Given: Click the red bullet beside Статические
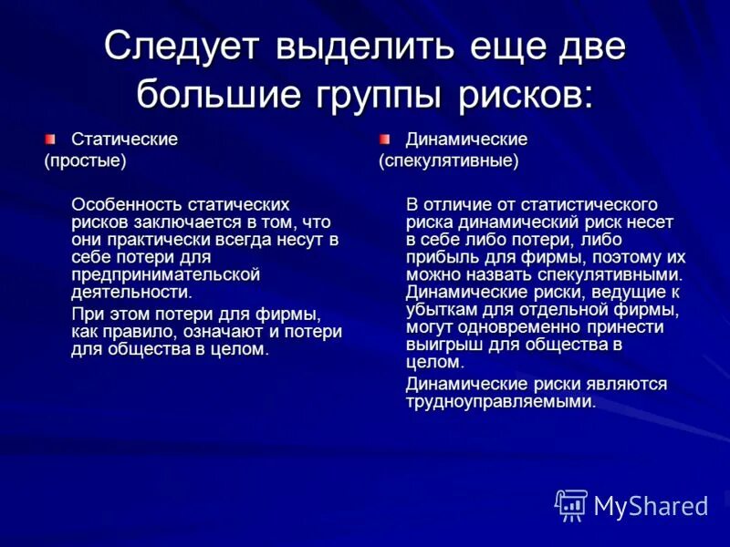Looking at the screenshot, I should (51, 139).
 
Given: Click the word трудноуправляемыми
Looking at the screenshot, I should (500, 401).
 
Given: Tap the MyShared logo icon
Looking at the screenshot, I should (570, 504).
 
